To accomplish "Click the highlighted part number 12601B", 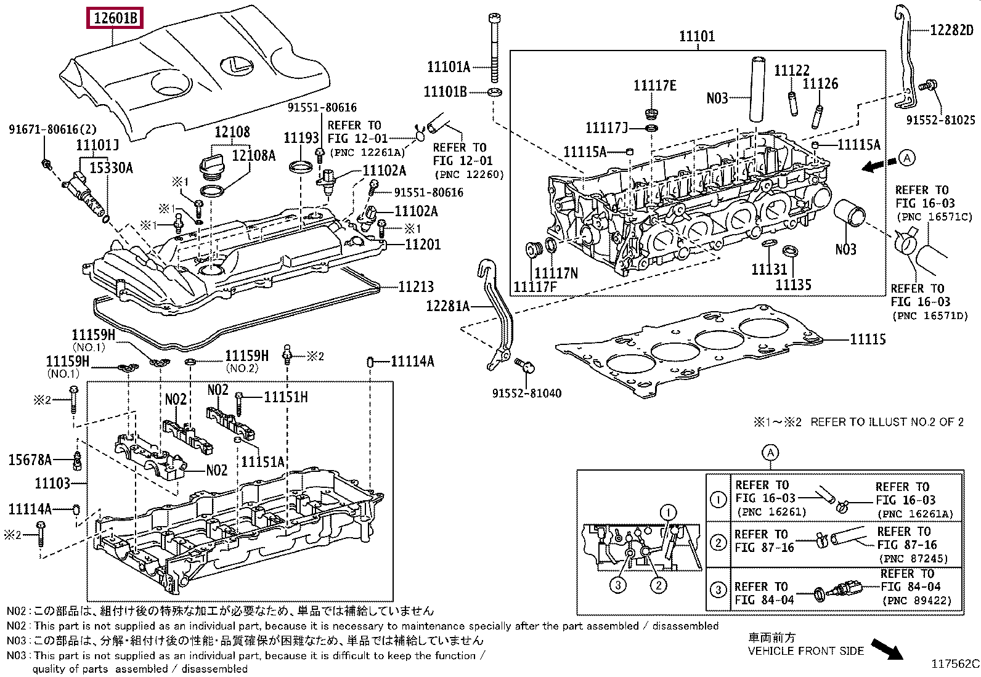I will [x=115, y=18].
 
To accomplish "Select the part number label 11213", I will [x=416, y=286].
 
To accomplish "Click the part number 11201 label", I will [x=423, y=245].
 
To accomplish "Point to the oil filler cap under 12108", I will [x=210, y=167].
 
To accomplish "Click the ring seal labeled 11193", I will [x=301, y=166].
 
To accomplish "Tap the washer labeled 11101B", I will [x=494, y=92].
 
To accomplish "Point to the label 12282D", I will [x=951, y=30].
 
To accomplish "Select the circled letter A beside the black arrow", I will [x=906, y=158].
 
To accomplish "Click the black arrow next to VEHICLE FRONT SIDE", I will [x=886, y=649].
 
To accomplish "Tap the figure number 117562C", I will [x=955, y=663].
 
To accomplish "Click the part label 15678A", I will [x=29, y=460].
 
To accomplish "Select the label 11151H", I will [x=285, y=397].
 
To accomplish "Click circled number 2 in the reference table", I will [x=718, y=542].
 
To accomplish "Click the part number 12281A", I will [x=448, y=306].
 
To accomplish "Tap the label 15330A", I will [x=111, y=168].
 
